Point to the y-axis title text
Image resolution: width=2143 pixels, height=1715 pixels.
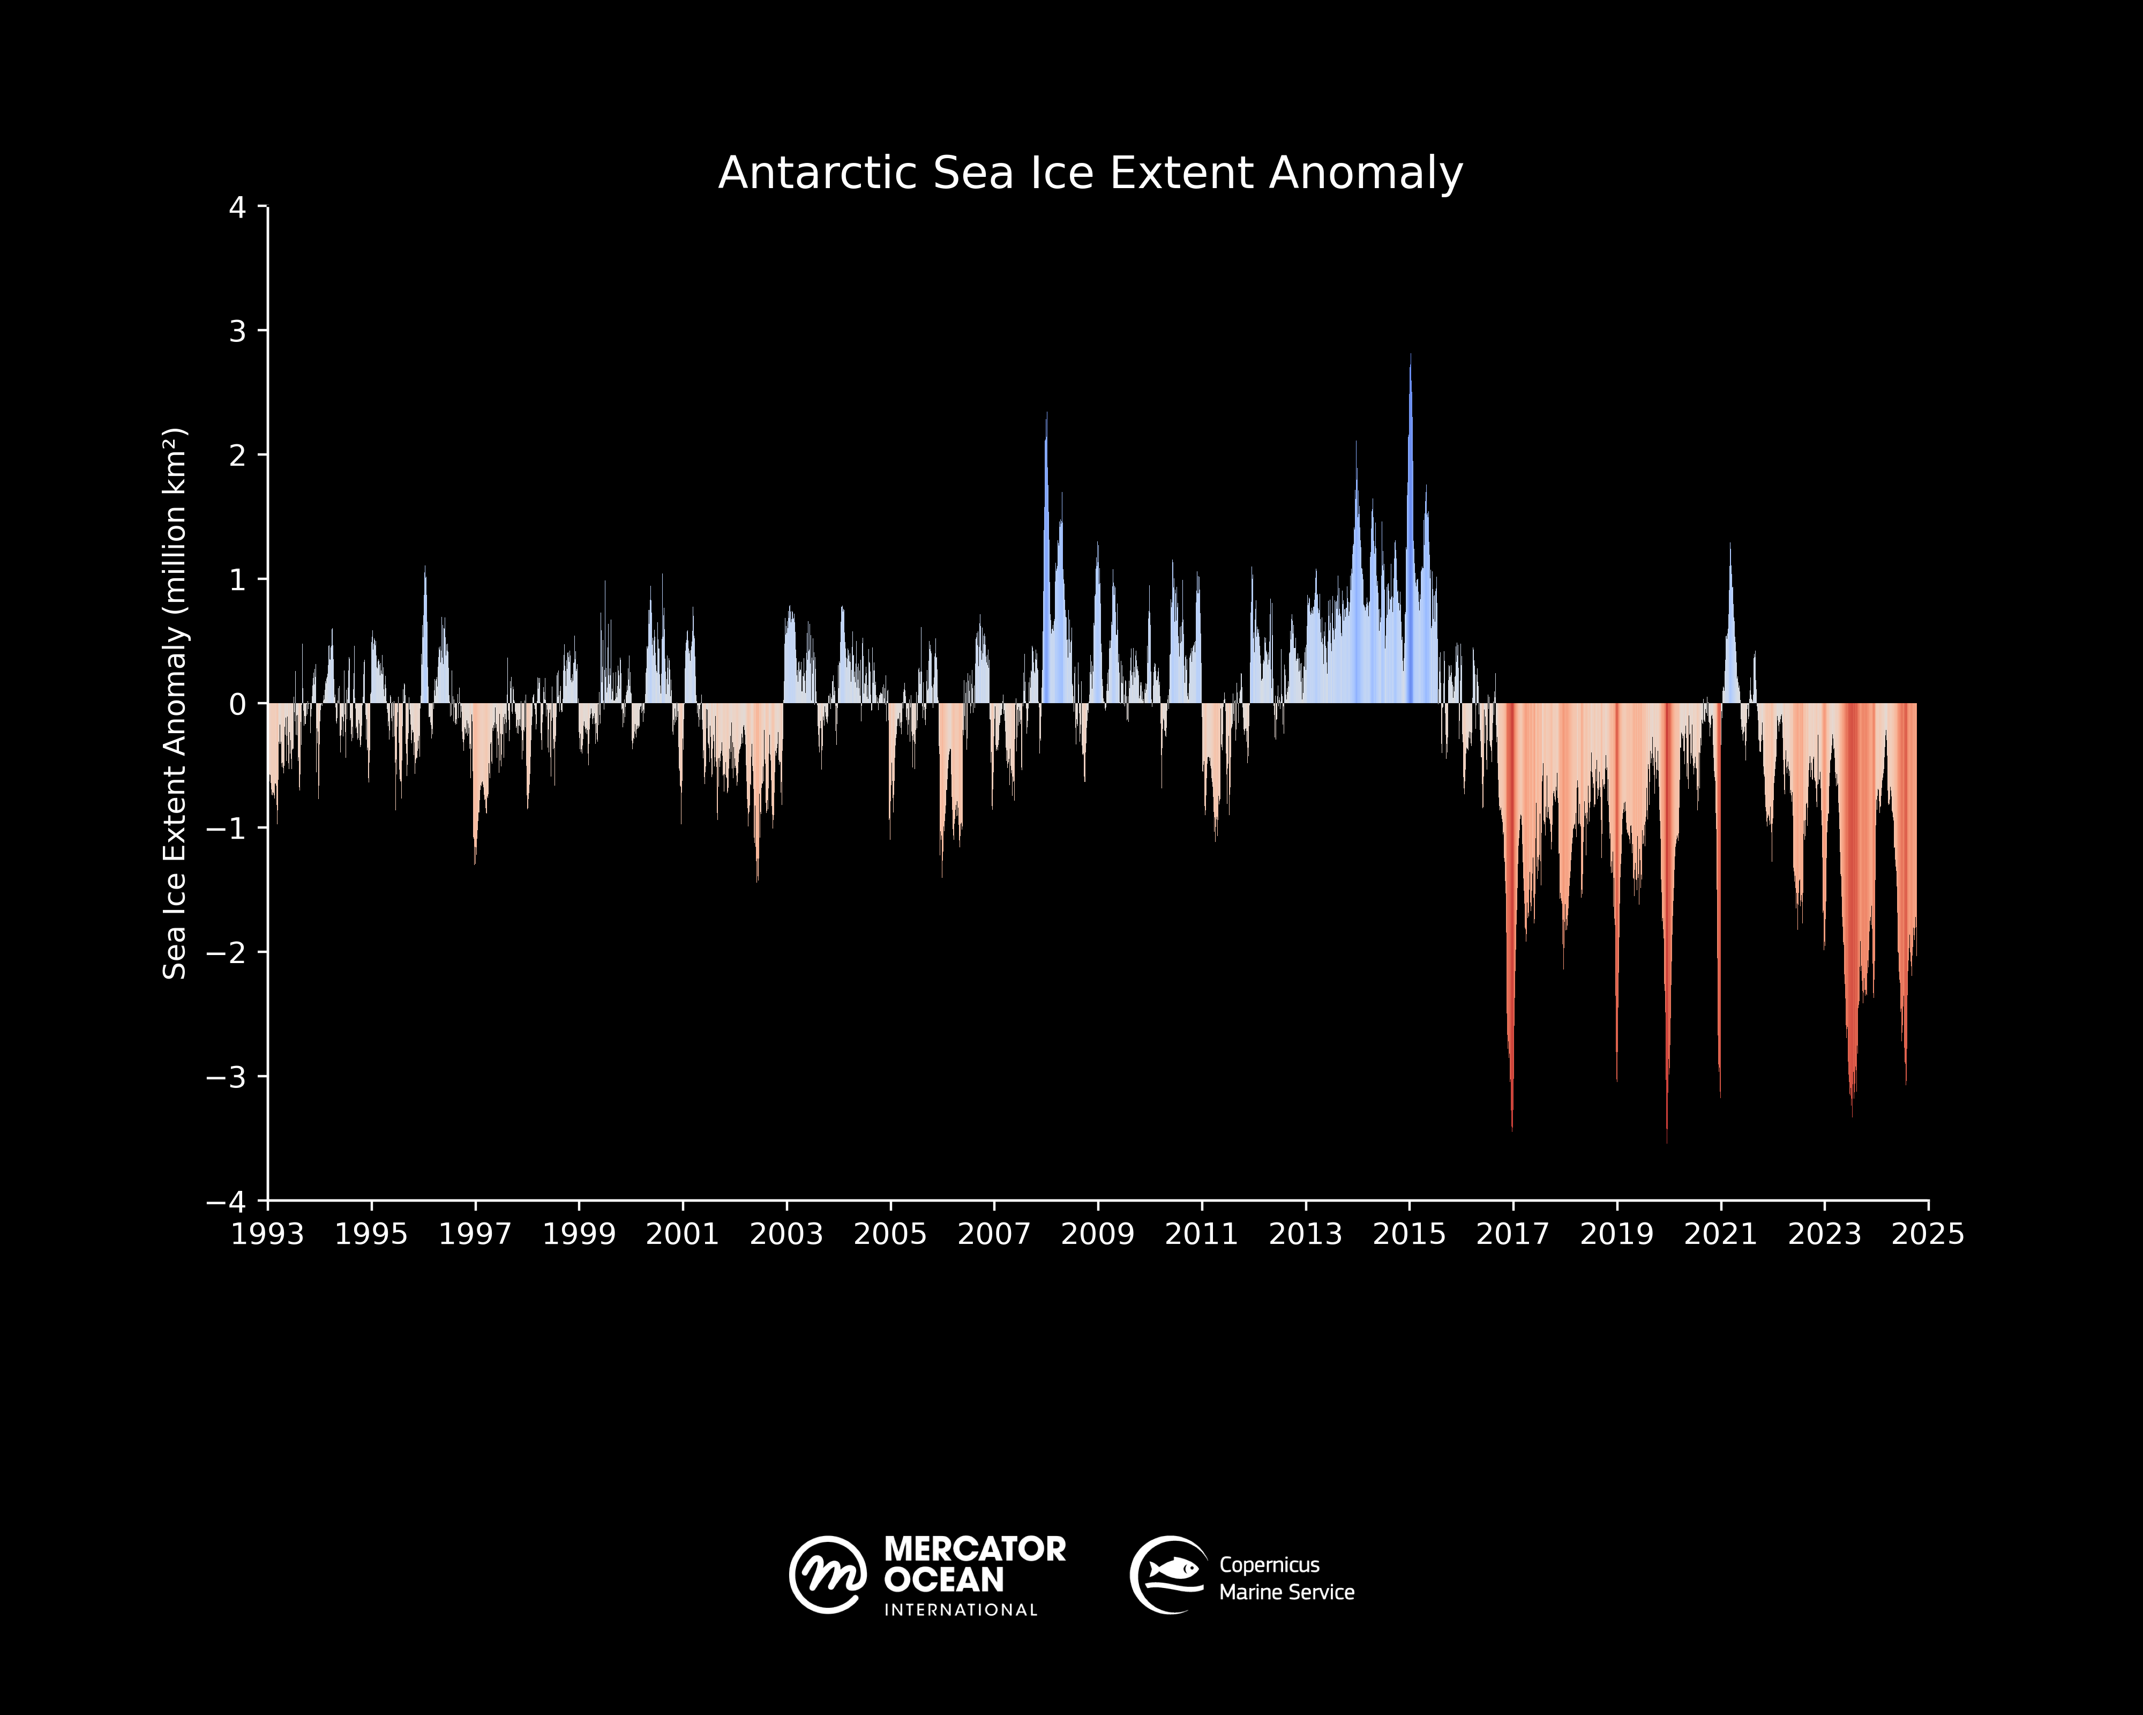click(x=175, y=703)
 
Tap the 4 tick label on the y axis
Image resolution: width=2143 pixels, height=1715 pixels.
click(x=237, y=208)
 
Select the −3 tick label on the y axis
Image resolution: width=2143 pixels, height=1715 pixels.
click(x=227, y=1077)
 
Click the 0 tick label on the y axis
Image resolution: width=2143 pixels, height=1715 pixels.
click(x=237, y=704)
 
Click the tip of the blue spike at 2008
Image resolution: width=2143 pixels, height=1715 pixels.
click(x=1046, y=414)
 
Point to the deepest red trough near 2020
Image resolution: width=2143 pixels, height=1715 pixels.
click(x=1667, y=1142)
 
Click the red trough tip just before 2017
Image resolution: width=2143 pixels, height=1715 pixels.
click(x=1512, y=1129)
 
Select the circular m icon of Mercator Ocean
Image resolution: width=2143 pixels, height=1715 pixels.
click(x=827, y=1575)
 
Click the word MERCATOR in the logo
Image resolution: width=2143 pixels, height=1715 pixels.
click(x=974, y=1549)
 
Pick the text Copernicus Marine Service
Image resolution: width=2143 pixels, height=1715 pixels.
click(x=1286, y=1579)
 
